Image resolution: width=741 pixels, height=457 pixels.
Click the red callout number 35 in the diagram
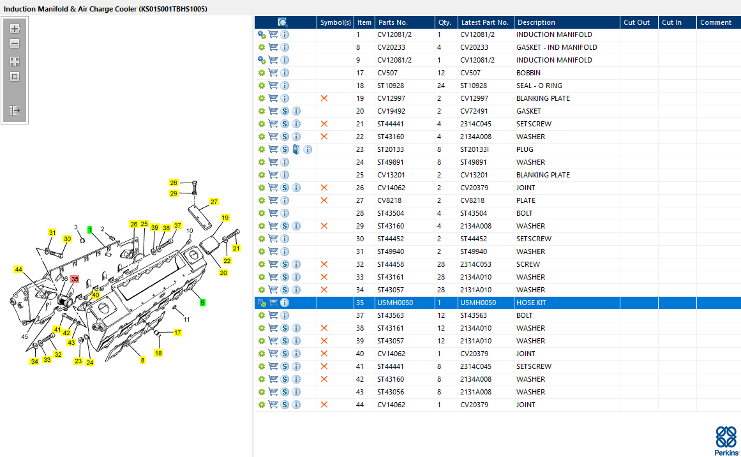(x=75, y=280)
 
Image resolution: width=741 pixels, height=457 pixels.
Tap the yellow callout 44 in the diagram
(x=19, y=269)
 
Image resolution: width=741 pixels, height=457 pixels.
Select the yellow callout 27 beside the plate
(x=214, y=202)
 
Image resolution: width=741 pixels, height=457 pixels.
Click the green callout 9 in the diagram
(x=202, y=303)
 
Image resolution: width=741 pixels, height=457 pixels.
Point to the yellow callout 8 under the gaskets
(x=142, y=360)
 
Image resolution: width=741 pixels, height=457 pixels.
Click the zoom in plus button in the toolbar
(x=15, y=29)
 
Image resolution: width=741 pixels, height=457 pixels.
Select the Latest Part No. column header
(x=485, y=22)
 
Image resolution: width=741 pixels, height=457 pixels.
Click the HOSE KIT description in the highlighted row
(x=531, y=303)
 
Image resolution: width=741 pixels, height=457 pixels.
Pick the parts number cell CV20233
(x=391, y=47)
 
